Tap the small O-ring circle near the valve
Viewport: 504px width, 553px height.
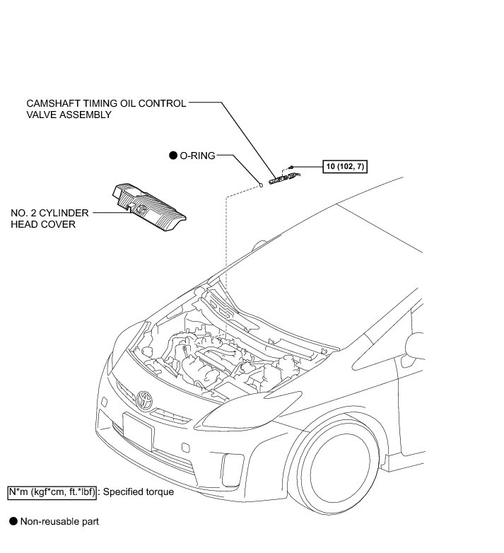click(x=260, y=185)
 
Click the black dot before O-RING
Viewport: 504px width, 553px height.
click(x=172, y=156)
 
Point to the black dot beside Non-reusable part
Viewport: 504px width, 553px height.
click(x=12, y=522)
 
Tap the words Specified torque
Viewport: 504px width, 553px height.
click(x=139, y=491)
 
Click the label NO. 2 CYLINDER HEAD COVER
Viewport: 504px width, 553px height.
click(x=43, y=219)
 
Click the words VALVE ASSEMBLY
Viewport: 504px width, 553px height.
click(x=68, y=115)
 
